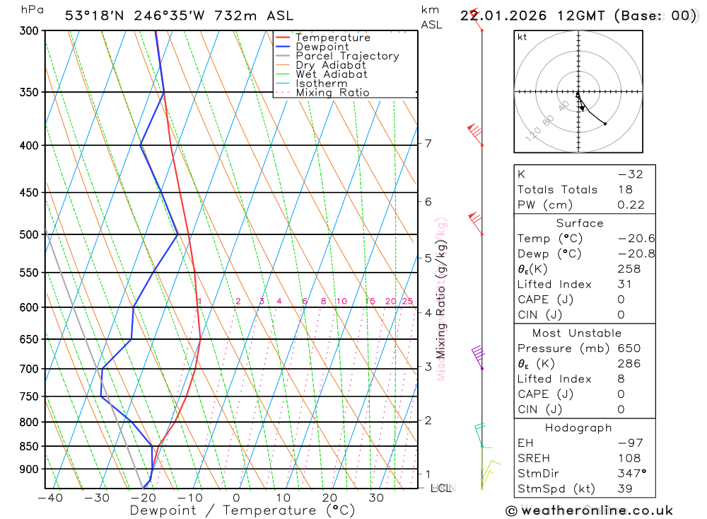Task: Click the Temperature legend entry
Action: [x=332, y=38]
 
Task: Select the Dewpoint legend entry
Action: [x=322, y=47]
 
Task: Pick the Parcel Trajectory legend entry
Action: [x=347, y=56]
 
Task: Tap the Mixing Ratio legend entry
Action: [x=332, y=93]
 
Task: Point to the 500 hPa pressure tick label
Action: [x=29, y=234]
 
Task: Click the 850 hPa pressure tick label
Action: [x=29, y=447]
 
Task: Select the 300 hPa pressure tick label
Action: [x=29, y=31]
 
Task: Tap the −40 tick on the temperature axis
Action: [x=49, y=498]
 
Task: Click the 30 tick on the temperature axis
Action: [x=376, y=498]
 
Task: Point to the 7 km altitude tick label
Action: [x=428, y=144]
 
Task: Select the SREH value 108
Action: [x=629, y=458]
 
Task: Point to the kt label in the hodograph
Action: [x=522, y=37]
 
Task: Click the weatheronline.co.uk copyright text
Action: [x=589, y=510]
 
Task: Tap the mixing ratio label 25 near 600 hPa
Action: [x=407, y=302]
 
